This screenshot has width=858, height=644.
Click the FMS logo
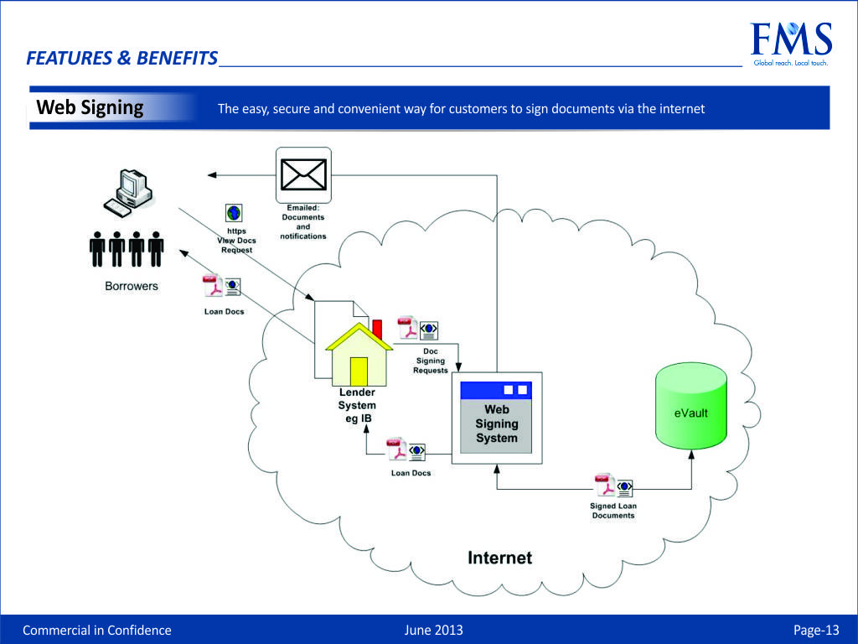790,44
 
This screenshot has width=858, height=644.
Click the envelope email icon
303,174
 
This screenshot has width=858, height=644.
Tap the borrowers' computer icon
128,191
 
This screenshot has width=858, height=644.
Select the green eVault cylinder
690,406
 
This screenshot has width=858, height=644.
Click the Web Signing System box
497,417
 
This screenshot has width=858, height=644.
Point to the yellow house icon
359,356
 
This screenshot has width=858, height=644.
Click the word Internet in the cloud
499,558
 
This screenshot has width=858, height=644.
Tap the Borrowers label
131,286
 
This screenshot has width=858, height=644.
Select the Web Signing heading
90,107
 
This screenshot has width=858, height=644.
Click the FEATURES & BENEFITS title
121,58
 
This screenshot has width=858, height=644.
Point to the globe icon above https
234,213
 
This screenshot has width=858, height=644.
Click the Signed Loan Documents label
613,511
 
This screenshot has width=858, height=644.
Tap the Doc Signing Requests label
431,361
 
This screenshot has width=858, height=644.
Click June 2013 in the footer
433,631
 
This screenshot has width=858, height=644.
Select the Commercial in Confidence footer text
96,631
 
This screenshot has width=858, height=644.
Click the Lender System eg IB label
357,405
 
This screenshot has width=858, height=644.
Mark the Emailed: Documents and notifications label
302,222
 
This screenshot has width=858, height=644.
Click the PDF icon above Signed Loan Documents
605,486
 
